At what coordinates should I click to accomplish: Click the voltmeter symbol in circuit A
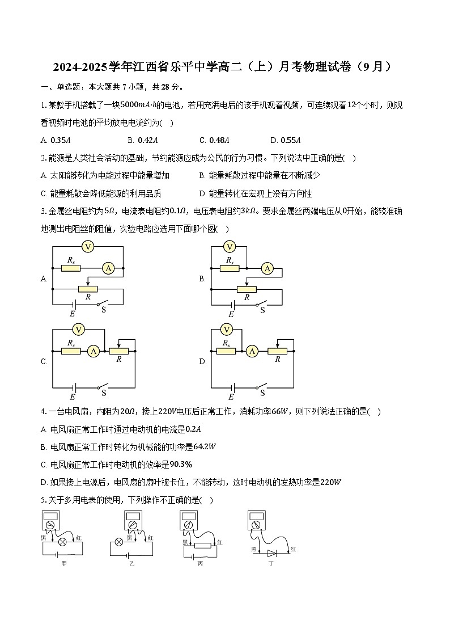pos(87,246)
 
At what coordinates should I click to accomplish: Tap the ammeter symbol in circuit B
pos(268,268)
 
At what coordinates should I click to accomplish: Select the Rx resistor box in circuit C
pos(71,352)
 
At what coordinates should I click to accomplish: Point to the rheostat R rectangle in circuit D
pos(278,352)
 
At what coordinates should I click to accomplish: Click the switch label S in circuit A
pos(103,310)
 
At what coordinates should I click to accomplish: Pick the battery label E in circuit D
pos(231,397)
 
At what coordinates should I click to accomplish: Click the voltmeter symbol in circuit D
pos(227,330)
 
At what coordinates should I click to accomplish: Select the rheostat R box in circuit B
pos(247,289)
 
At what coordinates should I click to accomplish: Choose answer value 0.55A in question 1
pos(290,141)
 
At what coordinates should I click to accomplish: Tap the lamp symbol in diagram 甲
pos(63,542)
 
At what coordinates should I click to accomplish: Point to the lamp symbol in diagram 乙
pos(119,542)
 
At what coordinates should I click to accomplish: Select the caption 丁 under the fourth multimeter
pos(271,564)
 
